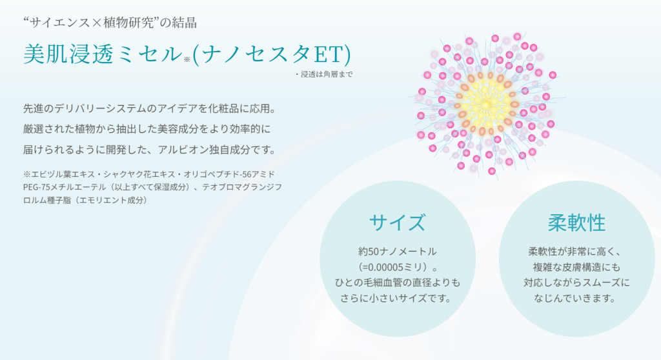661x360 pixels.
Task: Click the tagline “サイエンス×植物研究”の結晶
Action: pos(110,23)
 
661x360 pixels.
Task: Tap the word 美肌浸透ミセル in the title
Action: pos(103,54)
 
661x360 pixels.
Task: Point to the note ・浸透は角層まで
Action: pos(324,74)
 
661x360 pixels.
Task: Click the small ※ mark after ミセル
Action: pos(187,60)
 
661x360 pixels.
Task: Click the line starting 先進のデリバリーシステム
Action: pos(150,109)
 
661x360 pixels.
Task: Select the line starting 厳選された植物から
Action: pos(147,129)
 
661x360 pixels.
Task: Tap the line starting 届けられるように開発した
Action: pos(150,150)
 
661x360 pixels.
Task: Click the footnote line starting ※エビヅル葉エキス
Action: pos(149,174)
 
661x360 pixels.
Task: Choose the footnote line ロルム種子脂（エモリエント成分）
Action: pos(86,200)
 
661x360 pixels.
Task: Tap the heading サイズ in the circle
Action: pos(397,223)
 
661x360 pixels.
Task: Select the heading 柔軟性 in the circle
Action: pos(576,223)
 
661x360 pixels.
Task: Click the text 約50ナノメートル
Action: pos(398,252)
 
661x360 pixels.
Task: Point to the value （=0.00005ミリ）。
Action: pos(398,267)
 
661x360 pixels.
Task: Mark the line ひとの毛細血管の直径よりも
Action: pos(398,283)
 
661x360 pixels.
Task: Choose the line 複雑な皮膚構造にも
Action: pos(576,267)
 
